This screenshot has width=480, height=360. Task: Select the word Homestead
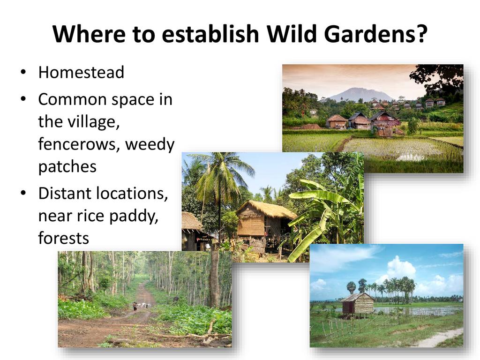[x=81, y=72]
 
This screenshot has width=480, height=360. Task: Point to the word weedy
[x=150, y=145]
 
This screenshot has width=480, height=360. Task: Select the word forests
[x=63, y=238]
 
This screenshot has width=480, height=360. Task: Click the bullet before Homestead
[x=23, y=73]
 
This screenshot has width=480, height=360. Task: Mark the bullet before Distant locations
[x=23, y=194]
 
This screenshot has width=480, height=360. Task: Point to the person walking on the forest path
[x=135, y=306]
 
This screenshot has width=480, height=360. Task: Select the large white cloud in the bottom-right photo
[x=401, y=268]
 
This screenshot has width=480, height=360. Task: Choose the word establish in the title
[x=210, y=33]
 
